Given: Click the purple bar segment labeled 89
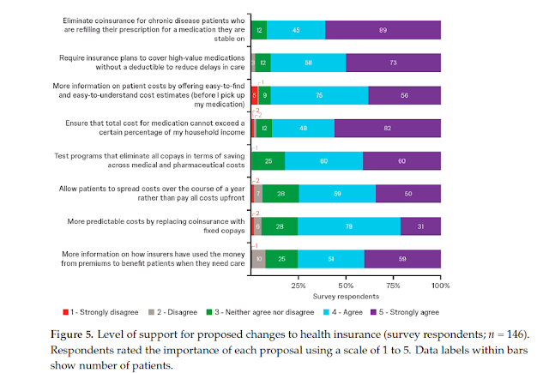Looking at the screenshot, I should [383, 30].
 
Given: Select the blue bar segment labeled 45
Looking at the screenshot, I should [296, 30].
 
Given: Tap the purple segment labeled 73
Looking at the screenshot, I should [393, 62].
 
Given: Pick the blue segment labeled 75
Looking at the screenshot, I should [319, 95].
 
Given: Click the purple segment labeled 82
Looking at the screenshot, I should [388, 128].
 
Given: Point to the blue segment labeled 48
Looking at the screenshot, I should [303, 128].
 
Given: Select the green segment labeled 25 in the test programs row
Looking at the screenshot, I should [268, 160].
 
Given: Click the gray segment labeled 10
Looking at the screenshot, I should [258, 258].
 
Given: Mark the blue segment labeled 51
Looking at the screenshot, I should [331, 258].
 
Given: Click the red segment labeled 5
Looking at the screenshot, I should [255, 95].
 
